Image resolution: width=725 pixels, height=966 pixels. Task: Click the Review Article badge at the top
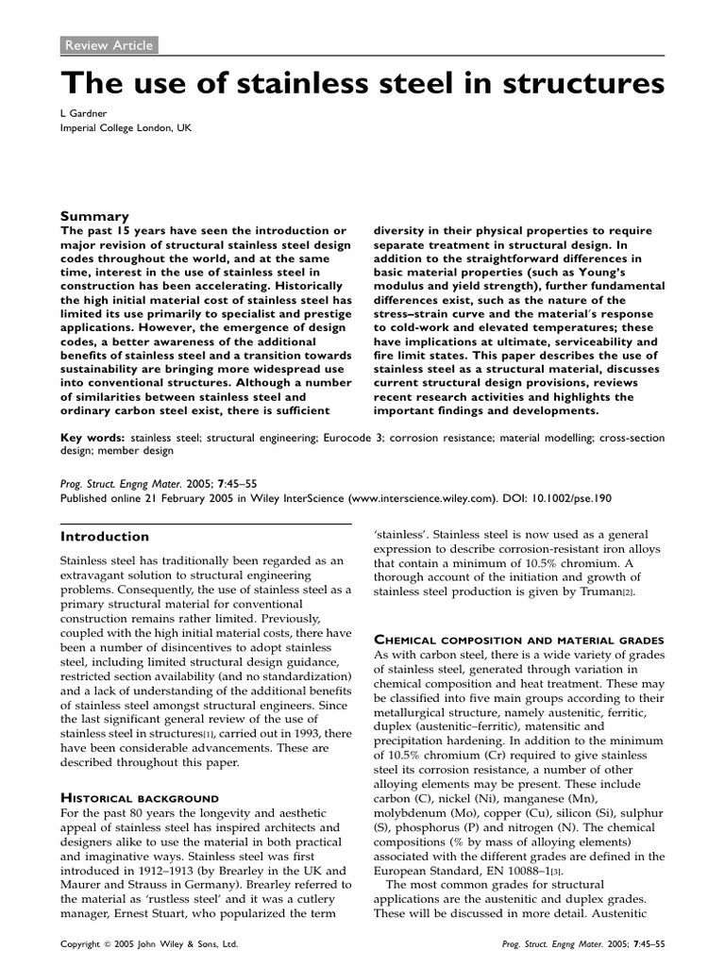[x=108, y=44]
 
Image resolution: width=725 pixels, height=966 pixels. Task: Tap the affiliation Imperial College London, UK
[x=129, y=129]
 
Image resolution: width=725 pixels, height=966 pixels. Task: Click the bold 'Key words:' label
[x=93, y=438]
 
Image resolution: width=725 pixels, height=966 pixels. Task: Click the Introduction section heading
[x=105, y=536]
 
